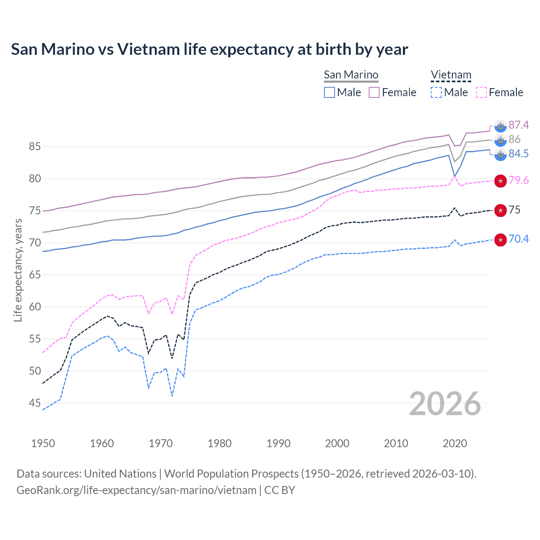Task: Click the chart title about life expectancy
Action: (x=209, y=49)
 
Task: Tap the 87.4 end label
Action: (x=518, y=125)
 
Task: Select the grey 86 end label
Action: (x=514, y=139)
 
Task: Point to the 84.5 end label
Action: (x=518, y=154)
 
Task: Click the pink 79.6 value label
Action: (x=518, y=181)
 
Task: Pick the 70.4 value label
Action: (x=518, y=239)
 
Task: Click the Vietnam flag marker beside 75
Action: (x=500, y=210)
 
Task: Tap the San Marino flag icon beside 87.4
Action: (x=500, y=126)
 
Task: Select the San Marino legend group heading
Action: (x=351, y=75)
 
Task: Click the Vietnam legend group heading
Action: (x=451, y=75)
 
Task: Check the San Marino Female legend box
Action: (x=374, y=92)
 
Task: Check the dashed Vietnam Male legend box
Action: (x=436, y=92)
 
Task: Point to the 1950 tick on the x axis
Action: (x=43, y=443)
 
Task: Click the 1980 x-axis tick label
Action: (x=219, y=443)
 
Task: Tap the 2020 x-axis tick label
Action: (x=455, y=443)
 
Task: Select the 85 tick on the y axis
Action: (x=35, y=147)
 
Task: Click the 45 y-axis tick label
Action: (x=35, y=403)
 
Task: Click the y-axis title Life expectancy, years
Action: (x=18, y=270)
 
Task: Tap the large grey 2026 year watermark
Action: (x=445, y=404)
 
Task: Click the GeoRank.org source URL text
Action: (x=136, y=490)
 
